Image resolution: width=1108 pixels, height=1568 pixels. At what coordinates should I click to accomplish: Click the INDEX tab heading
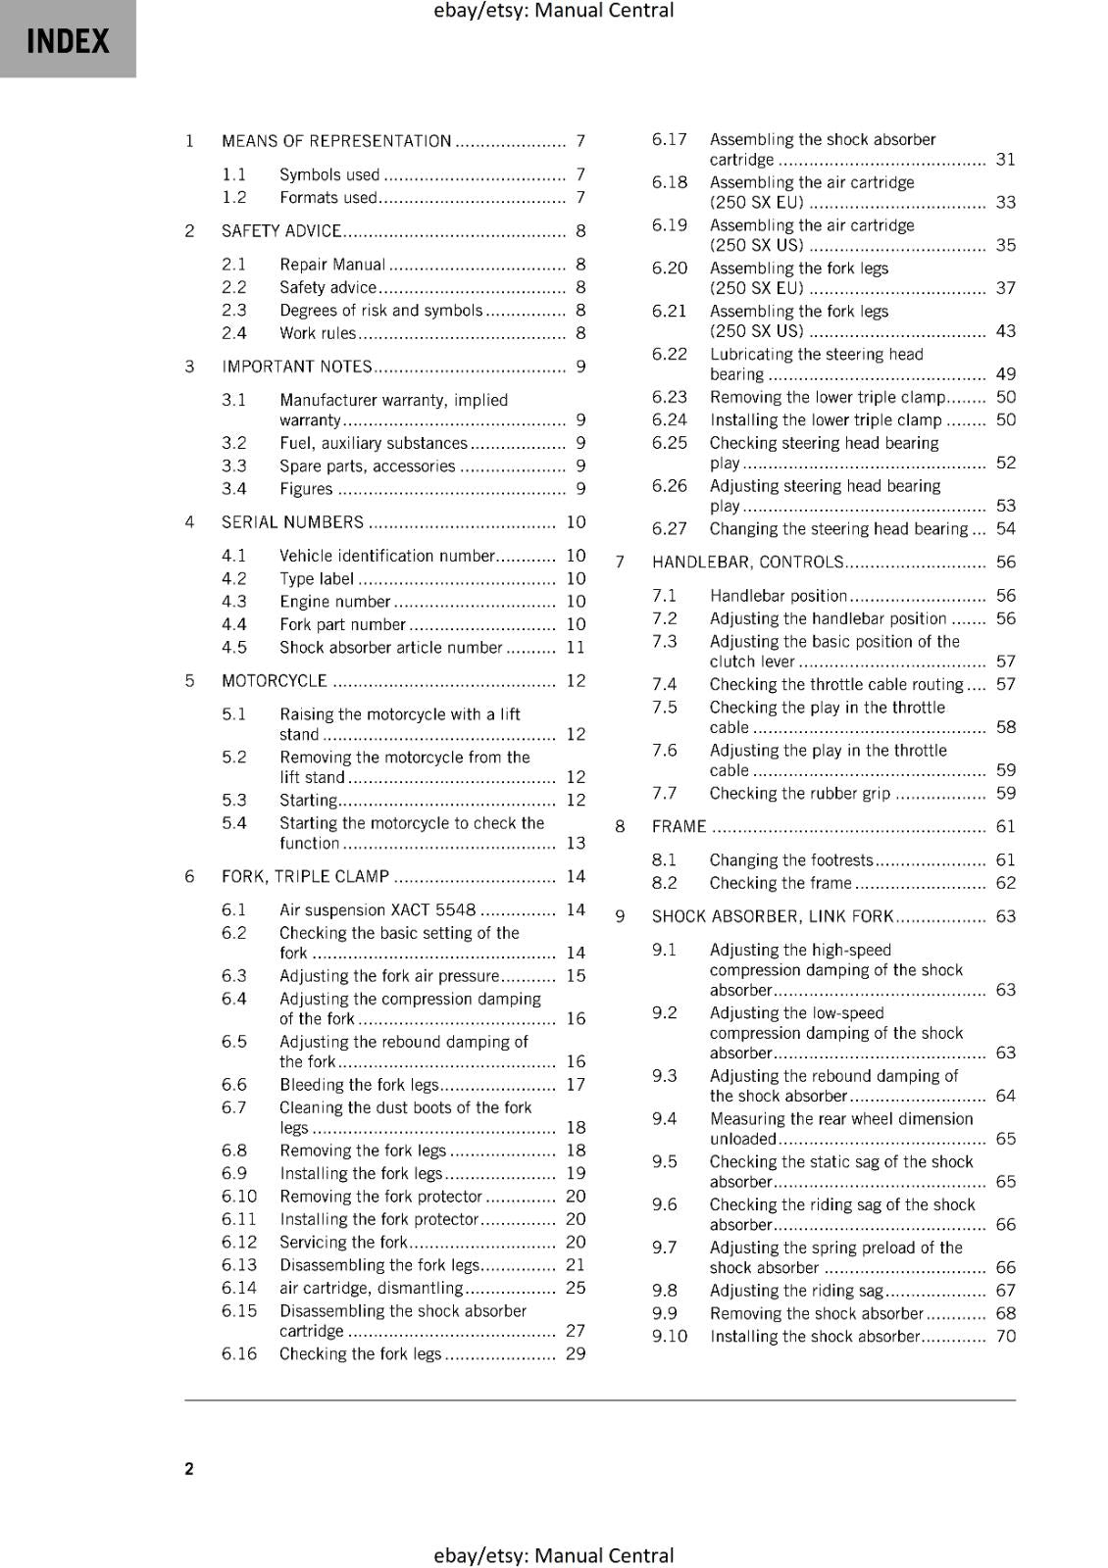click(68, 41)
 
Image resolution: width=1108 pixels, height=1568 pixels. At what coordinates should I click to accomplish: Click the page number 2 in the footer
click(189, 1468)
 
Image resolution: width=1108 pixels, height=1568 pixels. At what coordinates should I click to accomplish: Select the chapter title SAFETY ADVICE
click(281, 231)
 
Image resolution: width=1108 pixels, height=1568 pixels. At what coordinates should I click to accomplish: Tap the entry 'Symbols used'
click(329, 174)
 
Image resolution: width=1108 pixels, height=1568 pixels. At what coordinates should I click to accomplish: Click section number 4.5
click(234, 647)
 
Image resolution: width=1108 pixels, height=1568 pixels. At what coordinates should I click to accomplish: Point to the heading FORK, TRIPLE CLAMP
click(305, 876)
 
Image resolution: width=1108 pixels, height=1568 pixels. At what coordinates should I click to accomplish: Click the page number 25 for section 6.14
click(576, 1288)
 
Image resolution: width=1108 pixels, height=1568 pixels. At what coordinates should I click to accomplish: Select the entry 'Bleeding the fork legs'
click(359, 1085)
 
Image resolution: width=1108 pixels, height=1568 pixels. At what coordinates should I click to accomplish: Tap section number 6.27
click(670, 529)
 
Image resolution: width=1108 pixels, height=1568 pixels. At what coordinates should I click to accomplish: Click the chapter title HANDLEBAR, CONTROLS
click(747, 563)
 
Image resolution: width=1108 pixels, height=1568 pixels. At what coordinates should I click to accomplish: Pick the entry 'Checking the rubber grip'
click(800, 794)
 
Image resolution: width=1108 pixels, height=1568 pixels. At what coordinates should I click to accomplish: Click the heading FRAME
click(679, 827)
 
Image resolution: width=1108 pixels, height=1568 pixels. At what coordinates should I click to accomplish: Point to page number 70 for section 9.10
click(1006, 1336)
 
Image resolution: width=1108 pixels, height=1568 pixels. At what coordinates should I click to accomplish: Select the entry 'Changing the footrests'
click(791, 860)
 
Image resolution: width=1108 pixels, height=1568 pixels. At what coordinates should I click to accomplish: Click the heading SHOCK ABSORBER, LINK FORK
click(773, 916)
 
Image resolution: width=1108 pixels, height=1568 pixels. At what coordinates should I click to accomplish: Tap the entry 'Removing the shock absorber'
click(817, 1313)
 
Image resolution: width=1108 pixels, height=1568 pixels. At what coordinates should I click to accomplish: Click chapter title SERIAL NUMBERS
click(292, 522)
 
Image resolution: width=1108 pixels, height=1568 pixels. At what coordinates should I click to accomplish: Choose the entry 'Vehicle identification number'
click(387, 556)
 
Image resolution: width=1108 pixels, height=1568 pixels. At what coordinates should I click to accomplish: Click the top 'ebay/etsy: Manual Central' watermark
click(554, 11)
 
